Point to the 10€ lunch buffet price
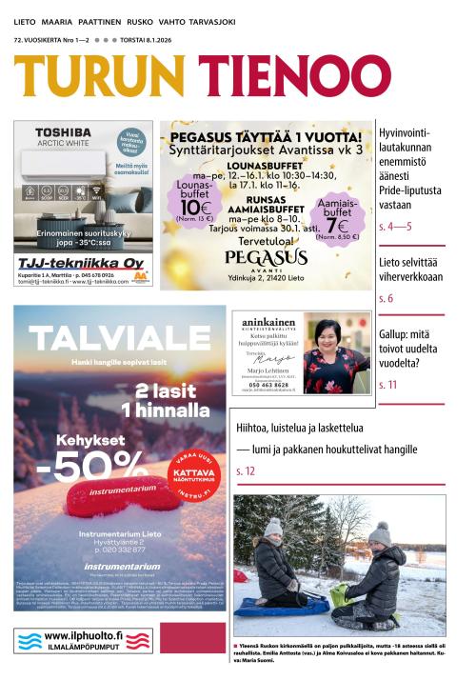193,208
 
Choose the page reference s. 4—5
394,227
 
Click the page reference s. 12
246,471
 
